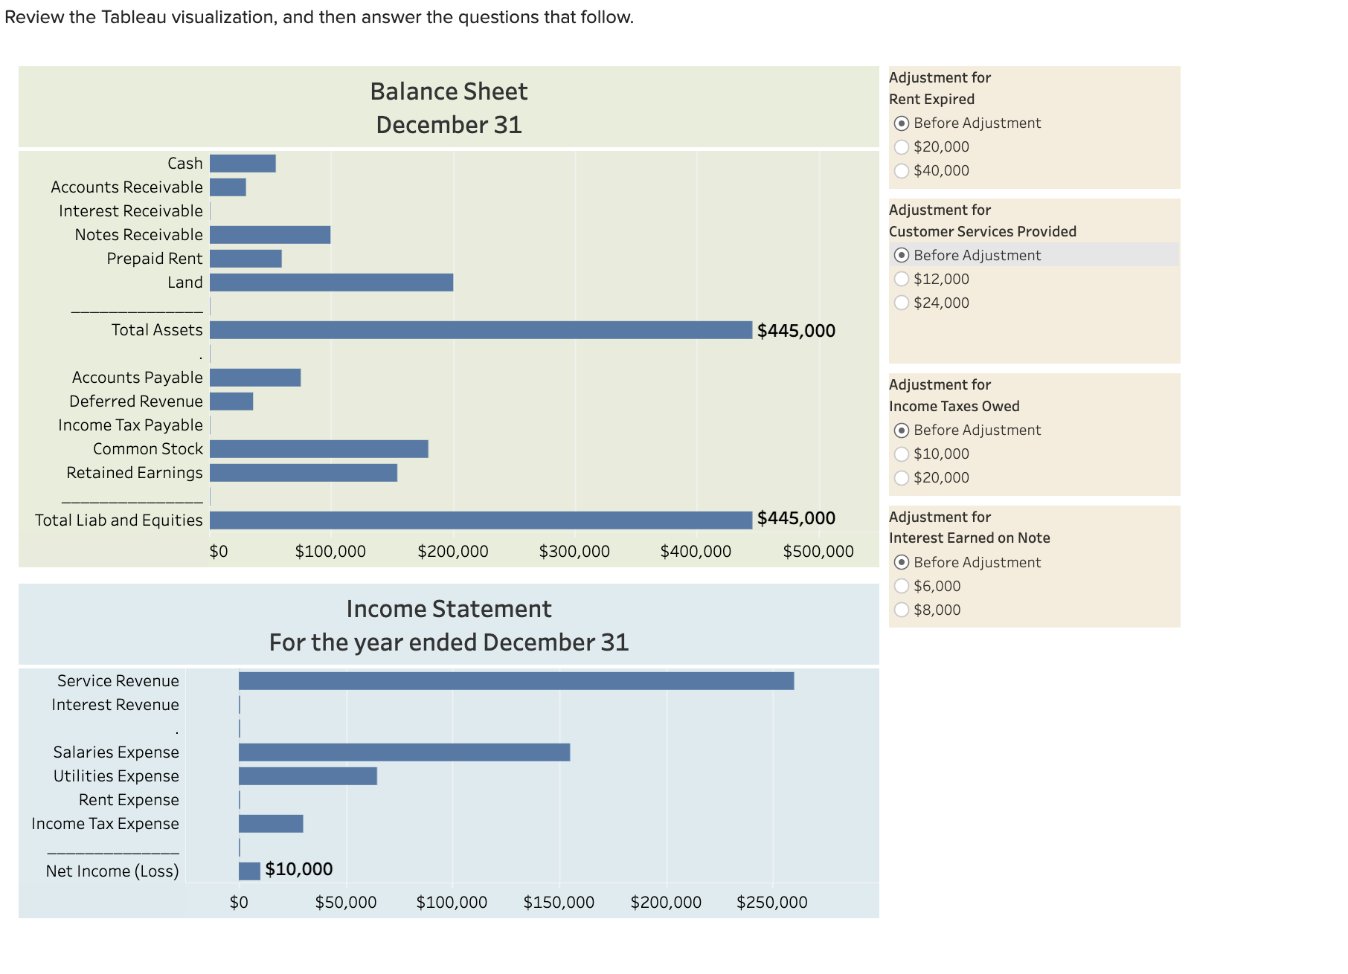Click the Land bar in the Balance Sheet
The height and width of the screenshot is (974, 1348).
(x=331, y=283)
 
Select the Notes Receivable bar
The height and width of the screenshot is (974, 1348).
(x=270, y=235)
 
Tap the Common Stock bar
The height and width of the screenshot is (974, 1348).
(x=318, y=449)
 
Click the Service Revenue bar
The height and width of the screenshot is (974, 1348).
(x=516, y=681)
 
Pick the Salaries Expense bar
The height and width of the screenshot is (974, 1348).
(x=404, y=752)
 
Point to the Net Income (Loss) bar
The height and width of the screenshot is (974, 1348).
(x=249, y=871)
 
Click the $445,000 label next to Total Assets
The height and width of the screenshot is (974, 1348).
(x=796, y=331)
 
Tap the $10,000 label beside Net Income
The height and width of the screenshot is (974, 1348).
(x=298, y=869)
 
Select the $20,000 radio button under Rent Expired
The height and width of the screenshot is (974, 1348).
(x=902, y=147)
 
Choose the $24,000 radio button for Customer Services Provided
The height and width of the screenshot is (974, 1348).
(x=902, y=303)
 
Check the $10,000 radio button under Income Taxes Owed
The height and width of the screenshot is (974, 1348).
(x=902, y=454)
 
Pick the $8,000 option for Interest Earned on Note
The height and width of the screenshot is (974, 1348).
(x=902, y=610)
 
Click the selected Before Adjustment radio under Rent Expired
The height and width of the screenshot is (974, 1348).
(x=902, y=123)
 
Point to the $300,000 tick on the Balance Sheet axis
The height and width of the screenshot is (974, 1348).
(x=574, y=552)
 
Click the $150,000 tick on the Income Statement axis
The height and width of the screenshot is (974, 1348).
(x=559, y=903)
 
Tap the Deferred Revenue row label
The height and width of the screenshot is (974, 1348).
(x=135, y=401)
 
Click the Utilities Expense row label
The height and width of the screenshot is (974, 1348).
(x=116, y=776)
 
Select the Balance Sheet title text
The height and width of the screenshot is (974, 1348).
(x=449, y=91)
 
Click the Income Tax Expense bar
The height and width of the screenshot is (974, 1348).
(x=271, y=824)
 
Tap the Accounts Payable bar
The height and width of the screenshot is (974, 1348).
(x=255, y=378)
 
